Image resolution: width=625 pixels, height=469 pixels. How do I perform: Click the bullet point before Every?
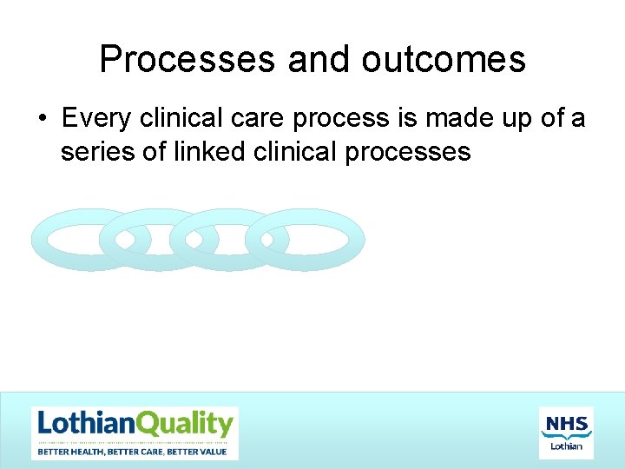(43, 117)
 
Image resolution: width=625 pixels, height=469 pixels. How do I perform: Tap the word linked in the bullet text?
(203, 152)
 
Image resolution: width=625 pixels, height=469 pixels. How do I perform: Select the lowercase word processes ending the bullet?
(408, 153)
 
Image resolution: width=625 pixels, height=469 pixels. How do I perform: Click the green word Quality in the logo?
(184, 425)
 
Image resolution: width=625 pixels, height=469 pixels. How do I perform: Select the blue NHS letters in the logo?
(566, 424)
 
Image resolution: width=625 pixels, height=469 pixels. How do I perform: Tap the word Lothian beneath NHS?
(567, 446)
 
